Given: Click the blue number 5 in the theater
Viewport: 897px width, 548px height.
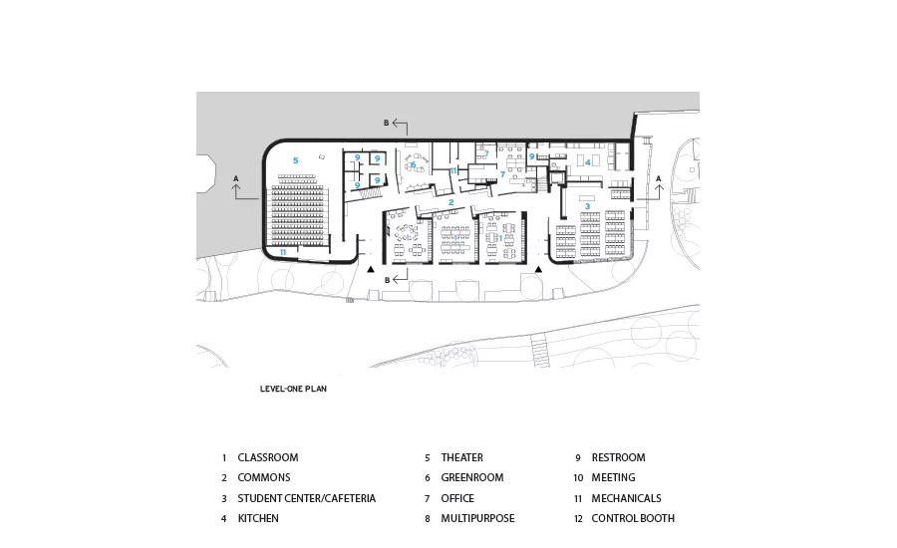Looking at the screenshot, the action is [x=296, y=160].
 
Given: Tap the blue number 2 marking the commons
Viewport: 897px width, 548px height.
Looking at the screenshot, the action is [x=451, y=202].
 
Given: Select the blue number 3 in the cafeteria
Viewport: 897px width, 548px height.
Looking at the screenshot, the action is [x=587, y=206].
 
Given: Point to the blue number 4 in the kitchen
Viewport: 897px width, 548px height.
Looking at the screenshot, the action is [x=587, y=162].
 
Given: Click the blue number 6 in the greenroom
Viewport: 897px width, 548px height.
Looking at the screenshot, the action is [x=413, y=164].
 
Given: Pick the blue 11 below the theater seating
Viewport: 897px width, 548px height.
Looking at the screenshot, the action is [x=283, y=252].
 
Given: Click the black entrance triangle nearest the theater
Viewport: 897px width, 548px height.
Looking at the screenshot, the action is [x=371, y=269].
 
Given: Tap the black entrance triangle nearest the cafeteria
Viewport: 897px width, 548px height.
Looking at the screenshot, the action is [x=538, y=269].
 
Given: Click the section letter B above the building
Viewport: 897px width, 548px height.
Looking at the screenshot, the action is [x=386, y=123].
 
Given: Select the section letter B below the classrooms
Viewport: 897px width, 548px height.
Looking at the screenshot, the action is [x=388, y=280].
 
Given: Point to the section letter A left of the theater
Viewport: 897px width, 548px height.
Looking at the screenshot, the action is [x=235, y=179].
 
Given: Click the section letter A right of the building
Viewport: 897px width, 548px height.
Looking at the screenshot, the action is [x=659, y=179].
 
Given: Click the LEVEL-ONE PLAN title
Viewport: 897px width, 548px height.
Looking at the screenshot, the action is [x=293, y=389].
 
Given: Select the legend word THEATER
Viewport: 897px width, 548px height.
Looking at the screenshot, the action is [x=462, y=457].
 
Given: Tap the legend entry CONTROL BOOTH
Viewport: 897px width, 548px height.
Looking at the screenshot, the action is [x=633, y=518].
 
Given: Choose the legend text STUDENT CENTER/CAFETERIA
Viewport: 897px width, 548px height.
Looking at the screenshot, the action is [x=307, y=498].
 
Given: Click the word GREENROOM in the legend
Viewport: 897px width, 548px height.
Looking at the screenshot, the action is [x=472, y=477].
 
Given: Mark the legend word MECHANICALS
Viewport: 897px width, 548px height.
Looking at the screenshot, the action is [x=627, y=498].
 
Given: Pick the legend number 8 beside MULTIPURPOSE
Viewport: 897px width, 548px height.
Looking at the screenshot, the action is [x=428, y=519].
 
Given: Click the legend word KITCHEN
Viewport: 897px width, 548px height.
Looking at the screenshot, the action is [x=258, y=518].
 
